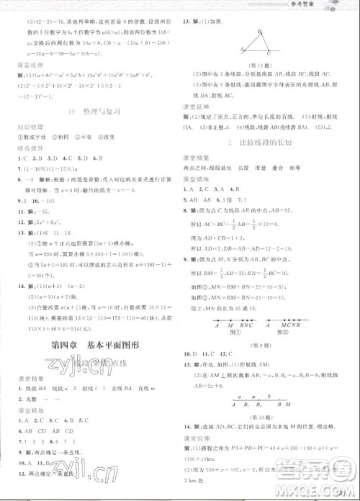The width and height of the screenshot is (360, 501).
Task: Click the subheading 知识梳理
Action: click(x=23, y=127)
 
